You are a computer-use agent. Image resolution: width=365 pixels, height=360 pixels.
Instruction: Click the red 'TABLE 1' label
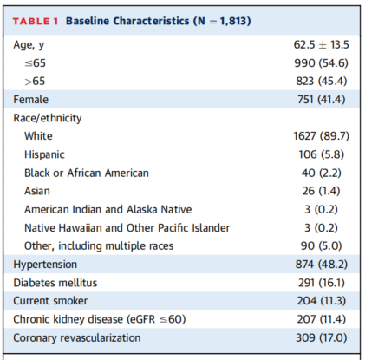point(36,22)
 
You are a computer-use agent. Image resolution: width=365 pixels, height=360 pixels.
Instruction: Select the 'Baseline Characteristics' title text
point(127,21)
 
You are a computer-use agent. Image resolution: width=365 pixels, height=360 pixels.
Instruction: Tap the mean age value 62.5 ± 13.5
point(321,45)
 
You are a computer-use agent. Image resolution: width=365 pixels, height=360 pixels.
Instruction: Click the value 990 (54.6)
point(321,63)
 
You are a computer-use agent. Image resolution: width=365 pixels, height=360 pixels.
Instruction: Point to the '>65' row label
point(35,82)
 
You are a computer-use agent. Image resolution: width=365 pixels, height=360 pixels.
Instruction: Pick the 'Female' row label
point(31,100)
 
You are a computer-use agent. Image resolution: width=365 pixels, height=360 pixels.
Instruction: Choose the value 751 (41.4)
point(321,100)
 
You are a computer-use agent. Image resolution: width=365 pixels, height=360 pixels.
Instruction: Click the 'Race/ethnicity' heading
point(48,118)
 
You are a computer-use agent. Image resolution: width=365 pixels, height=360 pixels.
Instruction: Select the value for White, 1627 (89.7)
point(322,136)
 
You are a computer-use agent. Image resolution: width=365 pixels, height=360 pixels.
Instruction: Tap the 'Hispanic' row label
point(44,154)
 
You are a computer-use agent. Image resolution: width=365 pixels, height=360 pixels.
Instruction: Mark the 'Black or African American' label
point(87,173)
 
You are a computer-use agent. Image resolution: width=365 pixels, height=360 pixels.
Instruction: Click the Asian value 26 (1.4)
point(321,191)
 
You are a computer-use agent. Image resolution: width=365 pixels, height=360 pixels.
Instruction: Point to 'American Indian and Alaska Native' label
point(108,209)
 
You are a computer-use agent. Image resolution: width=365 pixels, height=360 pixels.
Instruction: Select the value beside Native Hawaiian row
point(321,228)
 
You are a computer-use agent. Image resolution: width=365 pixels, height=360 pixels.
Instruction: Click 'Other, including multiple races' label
point(99,246)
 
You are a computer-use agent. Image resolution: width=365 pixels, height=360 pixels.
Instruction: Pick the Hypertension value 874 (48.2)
point(322,265)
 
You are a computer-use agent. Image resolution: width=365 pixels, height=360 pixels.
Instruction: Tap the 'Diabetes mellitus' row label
point(55,283)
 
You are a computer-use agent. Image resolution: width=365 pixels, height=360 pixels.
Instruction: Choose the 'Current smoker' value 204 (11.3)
point(322,301)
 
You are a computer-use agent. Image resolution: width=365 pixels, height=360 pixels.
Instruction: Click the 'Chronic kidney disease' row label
point(100,319)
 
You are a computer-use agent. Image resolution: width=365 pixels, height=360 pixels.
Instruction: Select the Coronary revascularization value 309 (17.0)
point(322,337)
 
